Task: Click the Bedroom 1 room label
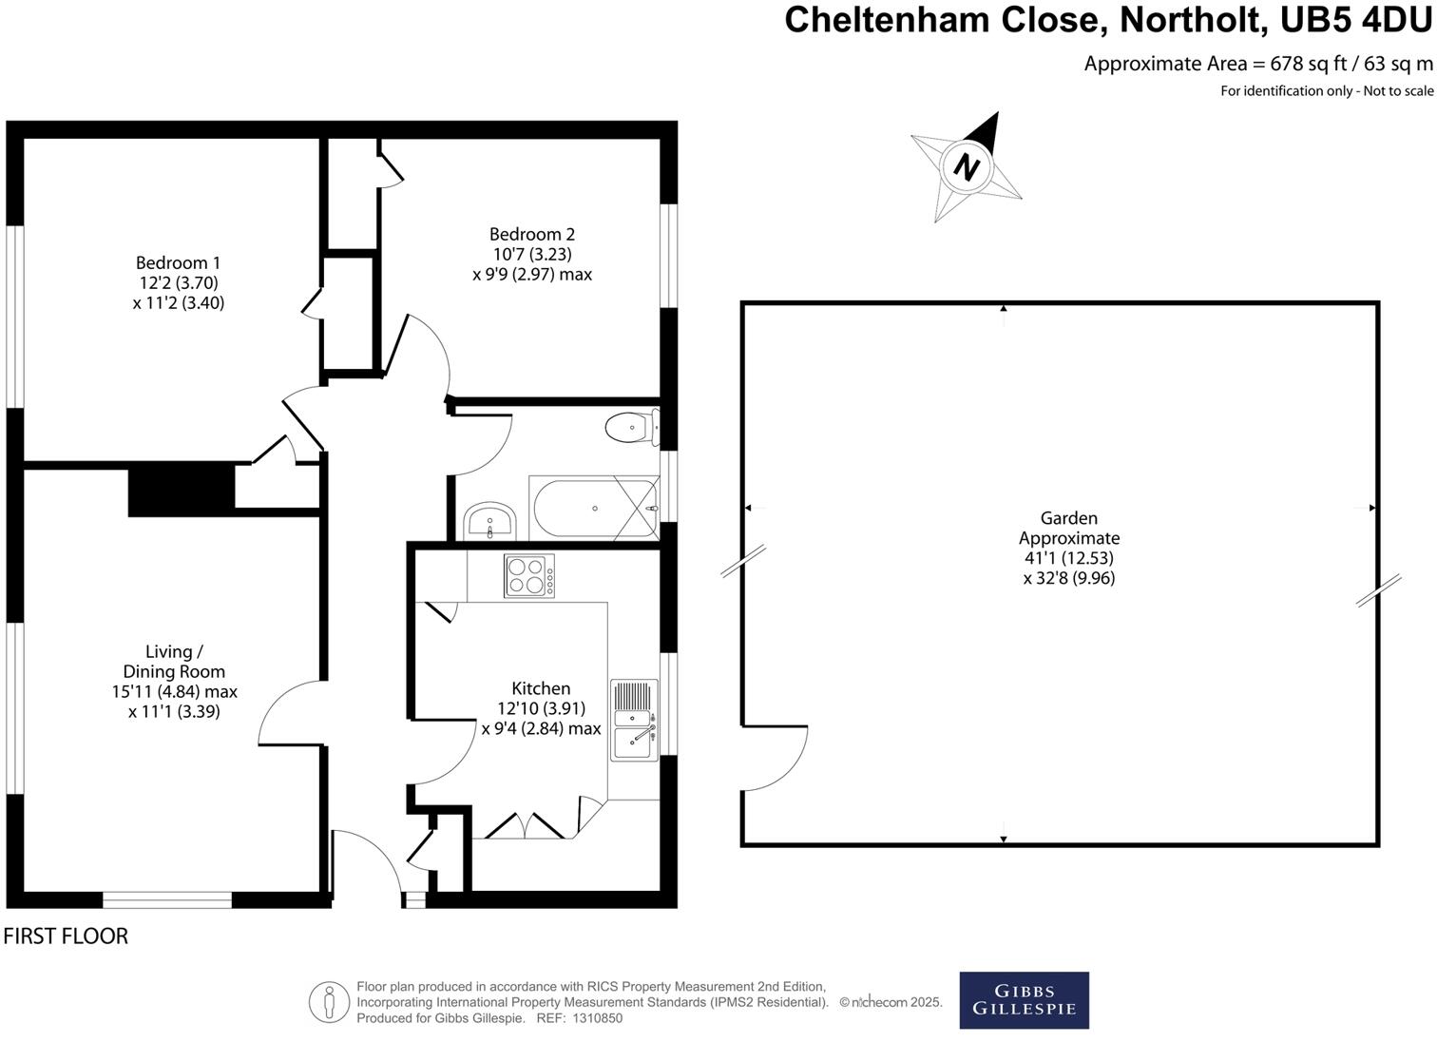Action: pyautogui.click(x=178, y=263)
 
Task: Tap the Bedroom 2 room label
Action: pyautogui.click(x=532, y=234)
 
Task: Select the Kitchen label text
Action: pyautogui.click(x=541, y=688)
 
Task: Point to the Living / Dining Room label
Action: pyautogui.click(x=174, y=662)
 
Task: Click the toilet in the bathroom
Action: pyautogui.click(x=633, y=427)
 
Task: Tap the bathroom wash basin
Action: pyautogui.click(x=489, y=521)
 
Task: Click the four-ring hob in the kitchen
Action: pyautogui.click(x=529, y=575)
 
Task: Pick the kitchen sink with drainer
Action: pyautogui.click(x=634, y=720)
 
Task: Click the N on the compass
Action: pyautogui.click(x=967, y=167)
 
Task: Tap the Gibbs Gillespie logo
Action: pyautogui.click(x=1024, y=1000)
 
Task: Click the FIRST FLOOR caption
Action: pyautogui.click(x=67, y=936)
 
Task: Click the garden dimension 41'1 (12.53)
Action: pyautogui.click(x=1069, y=557)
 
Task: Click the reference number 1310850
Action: pyautogui.click(x=597, y=1018)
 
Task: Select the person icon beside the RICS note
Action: pyautogui.click(x=329, y=1001)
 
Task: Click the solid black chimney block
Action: pyautogui.click(x=182, y=491)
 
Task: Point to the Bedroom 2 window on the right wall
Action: pyautogui.click(x=669, y=256)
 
